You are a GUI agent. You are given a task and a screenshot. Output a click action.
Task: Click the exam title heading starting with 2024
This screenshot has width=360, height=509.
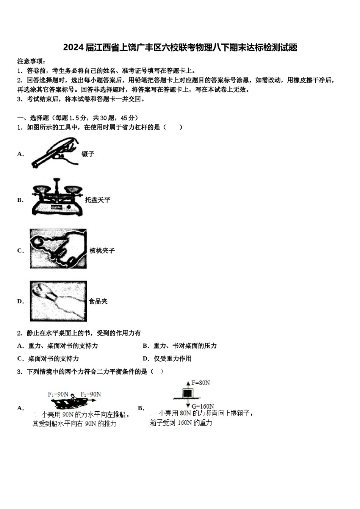[180, 47]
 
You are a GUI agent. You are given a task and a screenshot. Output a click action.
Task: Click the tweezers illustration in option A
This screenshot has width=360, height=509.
[55, 153]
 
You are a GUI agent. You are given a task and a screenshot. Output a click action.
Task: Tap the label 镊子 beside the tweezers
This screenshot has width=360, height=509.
[88, 154]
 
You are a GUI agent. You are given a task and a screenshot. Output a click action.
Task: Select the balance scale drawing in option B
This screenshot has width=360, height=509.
[57, 197]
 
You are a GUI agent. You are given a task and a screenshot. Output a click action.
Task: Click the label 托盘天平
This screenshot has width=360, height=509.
[97, 200]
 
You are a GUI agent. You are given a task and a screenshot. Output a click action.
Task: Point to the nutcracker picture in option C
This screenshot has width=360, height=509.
[58, 249]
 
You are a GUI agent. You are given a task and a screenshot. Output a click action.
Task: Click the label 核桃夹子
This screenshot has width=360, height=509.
[102, 251]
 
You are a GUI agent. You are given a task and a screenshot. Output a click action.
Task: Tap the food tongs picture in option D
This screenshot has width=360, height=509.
[58, 301]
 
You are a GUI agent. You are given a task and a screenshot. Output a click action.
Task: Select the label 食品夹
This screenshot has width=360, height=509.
[98, 301]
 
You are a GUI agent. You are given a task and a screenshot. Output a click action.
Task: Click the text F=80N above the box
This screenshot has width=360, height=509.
[200, 383]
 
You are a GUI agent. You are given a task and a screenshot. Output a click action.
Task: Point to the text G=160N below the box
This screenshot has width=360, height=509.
[203, 406]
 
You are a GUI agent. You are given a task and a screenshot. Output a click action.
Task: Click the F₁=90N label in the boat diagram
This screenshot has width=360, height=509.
[58, 394]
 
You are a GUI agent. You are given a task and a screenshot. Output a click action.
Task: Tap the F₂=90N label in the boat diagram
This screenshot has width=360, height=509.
[91, 394]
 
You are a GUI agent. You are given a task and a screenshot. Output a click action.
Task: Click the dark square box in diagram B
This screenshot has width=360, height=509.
[187, 393]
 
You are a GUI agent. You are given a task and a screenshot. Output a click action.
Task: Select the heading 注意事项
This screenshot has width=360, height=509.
[32, 61]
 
